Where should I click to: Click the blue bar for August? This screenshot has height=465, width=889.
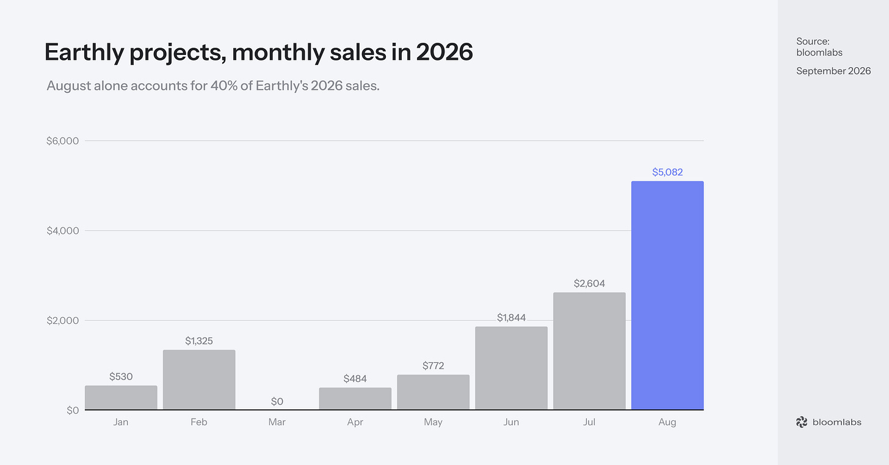667,295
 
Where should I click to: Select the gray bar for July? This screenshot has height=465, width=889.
589,351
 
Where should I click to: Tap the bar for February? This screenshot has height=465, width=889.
199,379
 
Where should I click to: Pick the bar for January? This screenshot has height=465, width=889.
121,397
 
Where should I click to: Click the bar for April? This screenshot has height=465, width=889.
355,398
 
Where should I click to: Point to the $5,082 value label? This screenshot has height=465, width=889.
667,172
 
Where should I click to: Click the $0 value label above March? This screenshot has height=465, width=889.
277,401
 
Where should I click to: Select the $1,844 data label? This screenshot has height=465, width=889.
511,317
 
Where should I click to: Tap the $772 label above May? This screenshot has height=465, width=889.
433,365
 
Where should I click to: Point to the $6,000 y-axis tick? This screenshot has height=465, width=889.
63,141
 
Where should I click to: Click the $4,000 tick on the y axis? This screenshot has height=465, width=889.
63,231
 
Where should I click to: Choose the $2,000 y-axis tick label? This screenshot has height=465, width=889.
63,320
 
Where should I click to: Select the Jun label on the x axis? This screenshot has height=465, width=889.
511,422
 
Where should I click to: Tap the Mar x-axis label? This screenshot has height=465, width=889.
277,422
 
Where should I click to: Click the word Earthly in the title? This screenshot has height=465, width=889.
84,53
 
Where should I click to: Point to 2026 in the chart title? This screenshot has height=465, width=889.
445,51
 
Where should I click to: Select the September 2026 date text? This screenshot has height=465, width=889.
833,71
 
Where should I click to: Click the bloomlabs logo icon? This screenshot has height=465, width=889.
802,422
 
